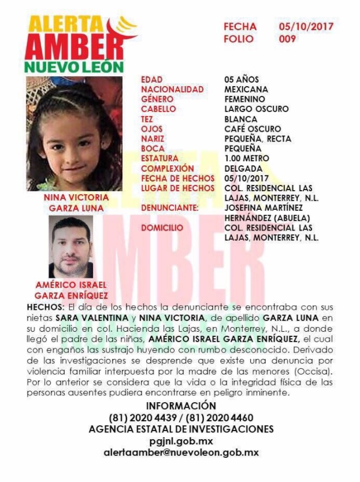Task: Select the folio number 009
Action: pos(287,39)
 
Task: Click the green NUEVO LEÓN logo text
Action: pos(74,67)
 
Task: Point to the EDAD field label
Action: pos(152,80)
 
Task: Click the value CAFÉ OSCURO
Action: pos(253,129)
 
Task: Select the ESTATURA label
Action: pos(160,158)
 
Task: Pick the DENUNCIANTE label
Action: pos(170,207)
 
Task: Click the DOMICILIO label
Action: pos(162,228)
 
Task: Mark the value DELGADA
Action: pos(243,168)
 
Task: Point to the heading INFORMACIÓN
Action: pos(181,406)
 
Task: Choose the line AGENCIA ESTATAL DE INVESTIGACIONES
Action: pos(181,429)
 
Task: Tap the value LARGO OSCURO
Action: pos(256,109)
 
